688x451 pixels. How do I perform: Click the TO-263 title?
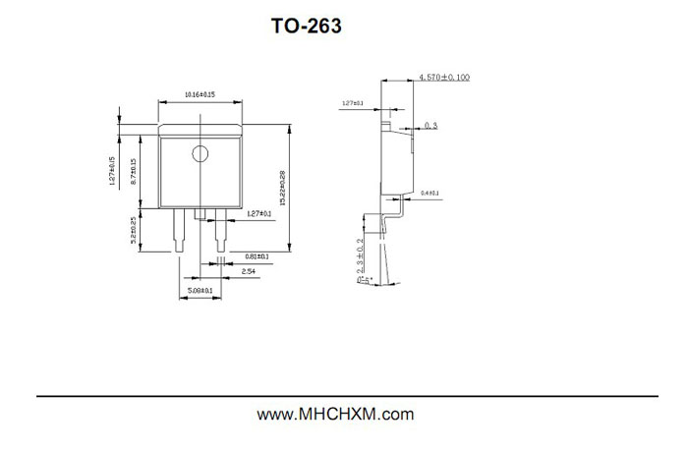307,28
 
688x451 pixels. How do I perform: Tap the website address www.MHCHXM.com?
335,415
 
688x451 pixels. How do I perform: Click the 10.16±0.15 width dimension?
200,94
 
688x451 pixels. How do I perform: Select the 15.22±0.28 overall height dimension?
283,188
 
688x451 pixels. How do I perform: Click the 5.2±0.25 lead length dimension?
133,232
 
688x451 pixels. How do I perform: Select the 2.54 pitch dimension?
249,269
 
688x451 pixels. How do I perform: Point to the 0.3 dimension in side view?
431,126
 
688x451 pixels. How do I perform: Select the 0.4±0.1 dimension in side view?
430,194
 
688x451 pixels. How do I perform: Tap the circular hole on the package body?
200,153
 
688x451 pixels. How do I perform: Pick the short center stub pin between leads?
200,213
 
